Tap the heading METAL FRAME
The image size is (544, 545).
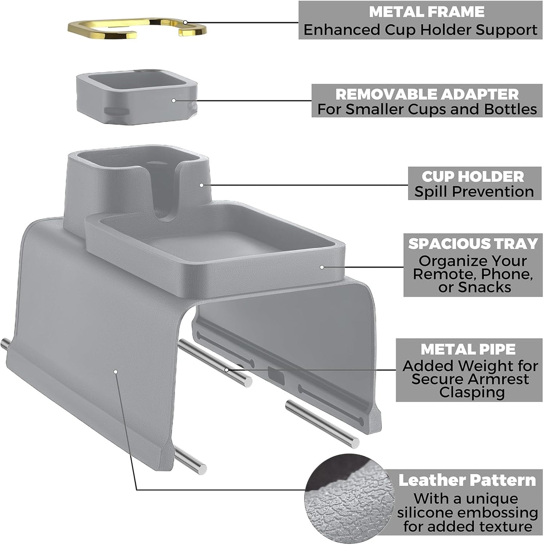[427, 12]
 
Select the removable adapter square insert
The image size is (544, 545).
[137, 97]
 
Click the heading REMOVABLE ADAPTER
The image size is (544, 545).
[427, 94]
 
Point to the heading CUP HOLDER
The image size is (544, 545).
[473, 177]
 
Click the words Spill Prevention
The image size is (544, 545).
[474, 192]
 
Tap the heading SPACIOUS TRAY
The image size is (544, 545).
[473, 243]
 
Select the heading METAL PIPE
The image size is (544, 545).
[468, 349]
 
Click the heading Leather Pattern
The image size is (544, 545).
[467, 481]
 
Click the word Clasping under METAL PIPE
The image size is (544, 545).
[472, 393]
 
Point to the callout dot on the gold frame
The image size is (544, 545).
[185, 22]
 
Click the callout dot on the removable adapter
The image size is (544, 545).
[174, 100]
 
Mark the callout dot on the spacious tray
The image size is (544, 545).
[322, 267]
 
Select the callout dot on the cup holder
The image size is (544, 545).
[201, 185]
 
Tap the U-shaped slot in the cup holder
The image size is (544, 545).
[163, 195]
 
